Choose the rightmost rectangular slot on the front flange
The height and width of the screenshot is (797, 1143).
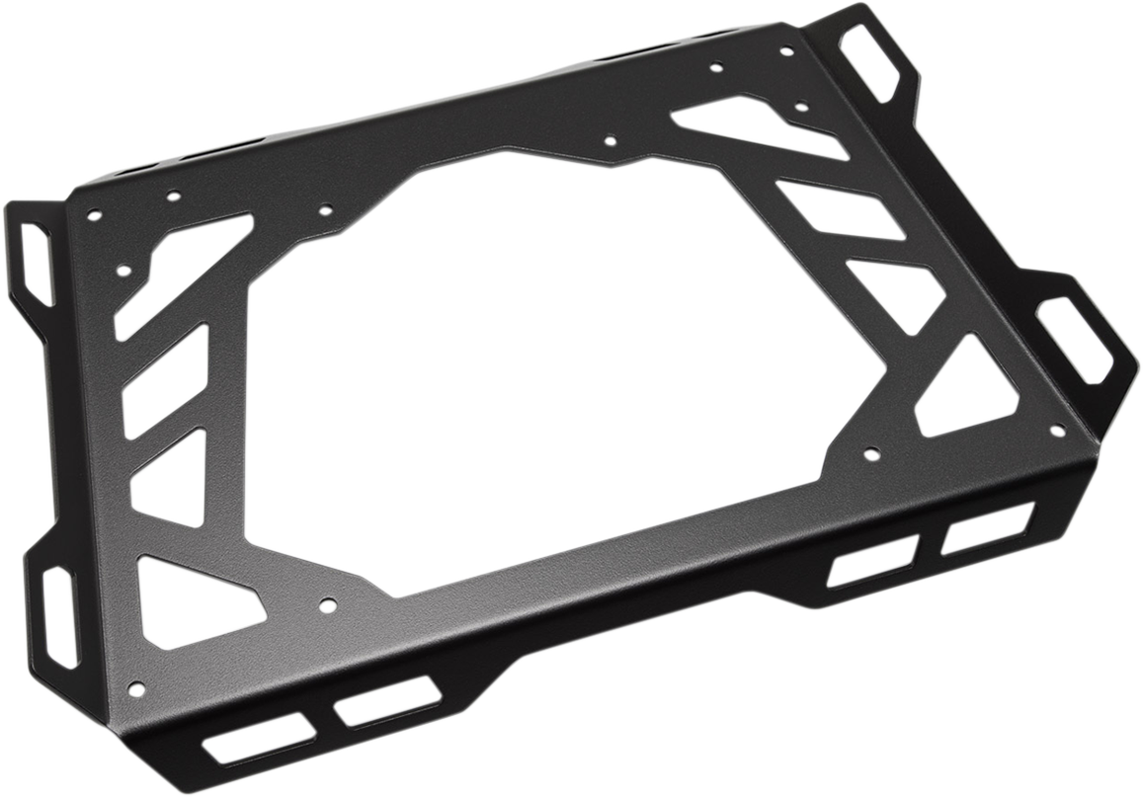tap(988, 529)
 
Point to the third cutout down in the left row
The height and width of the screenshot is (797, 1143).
tap(170, 478)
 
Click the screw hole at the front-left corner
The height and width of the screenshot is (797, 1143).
tap(136, 687)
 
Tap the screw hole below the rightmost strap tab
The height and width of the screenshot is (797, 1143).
tap(1056, 431)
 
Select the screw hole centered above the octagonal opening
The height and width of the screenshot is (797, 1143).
tap(610, 140)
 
